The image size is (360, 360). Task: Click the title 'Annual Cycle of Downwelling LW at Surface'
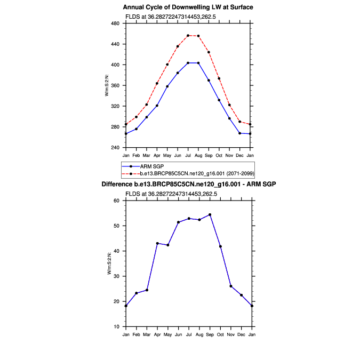[x=188, y=7]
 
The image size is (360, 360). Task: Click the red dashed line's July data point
[x=188, y=36]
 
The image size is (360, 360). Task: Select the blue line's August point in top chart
[x=198, y=63]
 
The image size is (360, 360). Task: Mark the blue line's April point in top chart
[x=157, y=106]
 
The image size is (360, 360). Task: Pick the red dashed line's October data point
[x=219, y=78]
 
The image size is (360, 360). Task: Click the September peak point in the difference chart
[x=209, y=215]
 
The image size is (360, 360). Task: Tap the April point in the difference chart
[x=157, y=243]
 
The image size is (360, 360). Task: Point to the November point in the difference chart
[x=230, y=286]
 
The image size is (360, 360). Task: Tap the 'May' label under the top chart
[x=167, y=155]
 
